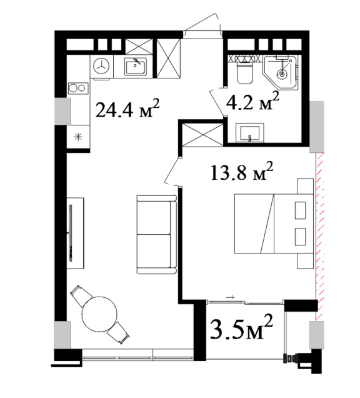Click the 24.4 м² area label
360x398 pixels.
point(127,109)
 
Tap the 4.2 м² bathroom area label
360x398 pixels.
point(252,101)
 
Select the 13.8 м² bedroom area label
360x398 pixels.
point(242,172)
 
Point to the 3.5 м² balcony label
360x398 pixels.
point(242,328)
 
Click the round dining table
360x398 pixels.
point(100,314)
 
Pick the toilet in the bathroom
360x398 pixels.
point(245,73)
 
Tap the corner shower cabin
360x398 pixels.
point(281,72)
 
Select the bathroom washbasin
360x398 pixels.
point(250,133)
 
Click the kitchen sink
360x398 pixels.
point(136,66)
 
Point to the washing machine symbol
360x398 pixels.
point(102,66)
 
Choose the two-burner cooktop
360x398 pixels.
point(78,88)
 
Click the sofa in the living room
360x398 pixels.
point(156,234)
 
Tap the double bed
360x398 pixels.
point(274,223)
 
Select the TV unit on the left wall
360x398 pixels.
point(75,233)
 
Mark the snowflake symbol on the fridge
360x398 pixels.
point(78,137)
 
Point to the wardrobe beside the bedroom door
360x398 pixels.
point(203,135)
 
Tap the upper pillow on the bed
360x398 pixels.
point(300,210)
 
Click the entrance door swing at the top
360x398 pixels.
point(203,23)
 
